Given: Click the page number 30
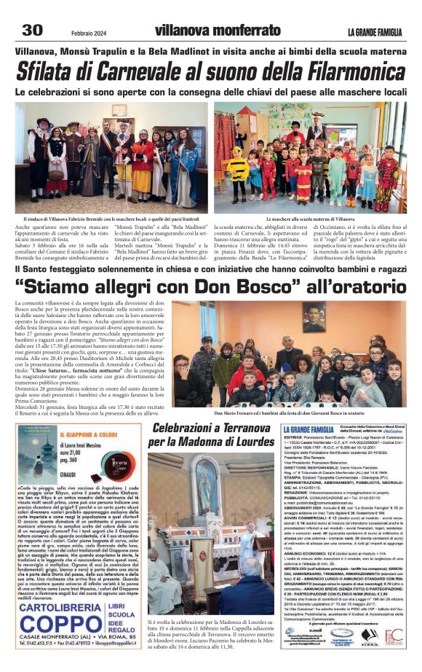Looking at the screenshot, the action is click(33, 30).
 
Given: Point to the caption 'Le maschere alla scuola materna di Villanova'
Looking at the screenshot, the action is click(311, 219).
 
